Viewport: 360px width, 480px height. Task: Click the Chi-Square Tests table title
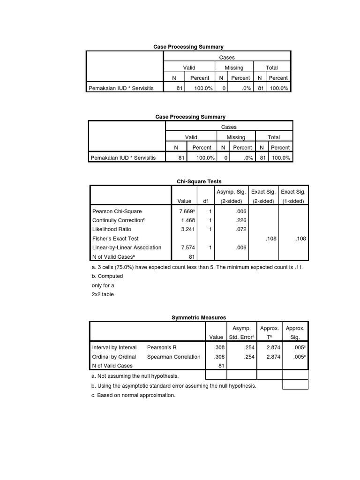point(199,181)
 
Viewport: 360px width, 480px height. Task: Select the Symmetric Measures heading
point(199,318)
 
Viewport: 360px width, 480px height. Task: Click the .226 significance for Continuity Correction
point(241,220)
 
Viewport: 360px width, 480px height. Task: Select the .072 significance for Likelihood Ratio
point(241,229)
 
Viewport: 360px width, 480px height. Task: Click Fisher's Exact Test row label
point(115,238)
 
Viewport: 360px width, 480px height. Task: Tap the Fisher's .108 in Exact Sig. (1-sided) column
point(300,238)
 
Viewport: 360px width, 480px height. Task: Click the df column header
point(205,201)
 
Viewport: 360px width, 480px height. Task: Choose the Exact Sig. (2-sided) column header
point(263,196)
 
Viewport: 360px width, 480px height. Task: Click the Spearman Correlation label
point(173,357)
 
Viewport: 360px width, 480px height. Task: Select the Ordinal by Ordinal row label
point(114,357)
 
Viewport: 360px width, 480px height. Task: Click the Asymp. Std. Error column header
point(241,333)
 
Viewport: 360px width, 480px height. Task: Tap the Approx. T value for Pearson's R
point(273,347)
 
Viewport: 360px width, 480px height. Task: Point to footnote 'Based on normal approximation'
point(133,395)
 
